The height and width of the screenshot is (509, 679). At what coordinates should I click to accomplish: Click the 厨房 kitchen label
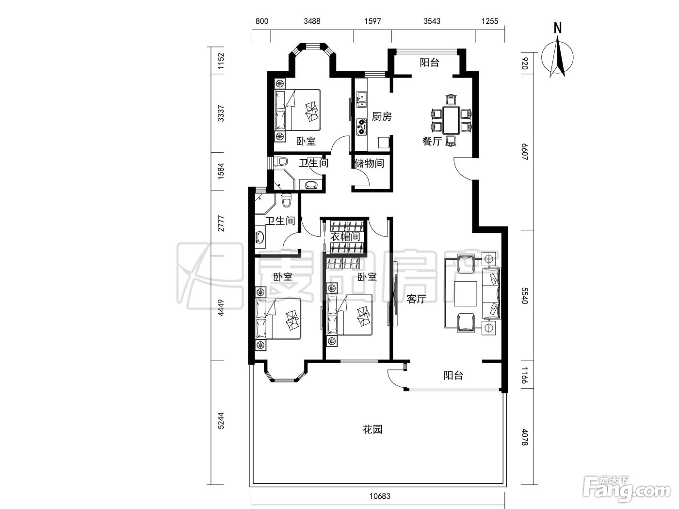point(381,116)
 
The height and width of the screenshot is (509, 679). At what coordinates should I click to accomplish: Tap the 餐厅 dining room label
point(432,142)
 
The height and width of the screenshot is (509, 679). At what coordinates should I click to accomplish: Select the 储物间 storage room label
point(370,163)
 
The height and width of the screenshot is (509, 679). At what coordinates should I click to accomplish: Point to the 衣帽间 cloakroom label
point(345,237)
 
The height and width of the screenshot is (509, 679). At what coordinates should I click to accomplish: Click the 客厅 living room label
point(416,299)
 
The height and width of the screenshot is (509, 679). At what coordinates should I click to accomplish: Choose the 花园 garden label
point(372,429)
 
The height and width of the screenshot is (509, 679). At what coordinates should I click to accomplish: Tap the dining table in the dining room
point(452,120)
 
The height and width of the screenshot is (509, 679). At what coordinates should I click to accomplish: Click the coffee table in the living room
point(466,294)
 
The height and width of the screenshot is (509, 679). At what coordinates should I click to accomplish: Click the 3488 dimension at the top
point(312,21)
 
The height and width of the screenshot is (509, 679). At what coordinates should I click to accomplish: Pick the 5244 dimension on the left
point(221,421)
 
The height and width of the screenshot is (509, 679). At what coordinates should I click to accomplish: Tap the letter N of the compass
point(557,28)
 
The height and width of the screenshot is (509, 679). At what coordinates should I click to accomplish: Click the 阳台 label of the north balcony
point(429,63)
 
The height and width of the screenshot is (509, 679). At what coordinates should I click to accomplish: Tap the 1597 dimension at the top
point(372,21)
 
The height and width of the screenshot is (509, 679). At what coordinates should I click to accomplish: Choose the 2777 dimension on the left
point(221,223)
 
